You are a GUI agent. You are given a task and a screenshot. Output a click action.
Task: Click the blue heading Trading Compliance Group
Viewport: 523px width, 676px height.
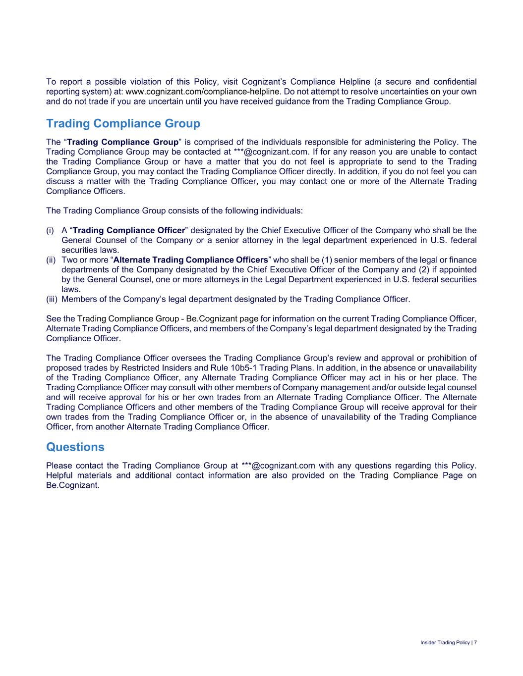[123, 123]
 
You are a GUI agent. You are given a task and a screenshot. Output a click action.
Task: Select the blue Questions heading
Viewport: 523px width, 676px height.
[75, 447]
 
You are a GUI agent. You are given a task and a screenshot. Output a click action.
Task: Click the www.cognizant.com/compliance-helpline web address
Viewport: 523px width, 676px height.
[202, 92]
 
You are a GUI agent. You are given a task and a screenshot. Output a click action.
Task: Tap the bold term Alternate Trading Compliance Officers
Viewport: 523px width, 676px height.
[190, 260]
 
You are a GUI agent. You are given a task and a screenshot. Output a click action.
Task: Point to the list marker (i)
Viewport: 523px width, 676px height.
[50, 230]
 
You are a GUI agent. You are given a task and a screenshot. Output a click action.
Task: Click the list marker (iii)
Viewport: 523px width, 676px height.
[52, 299]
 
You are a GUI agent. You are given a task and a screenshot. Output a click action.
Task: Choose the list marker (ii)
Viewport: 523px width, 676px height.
[51, 260]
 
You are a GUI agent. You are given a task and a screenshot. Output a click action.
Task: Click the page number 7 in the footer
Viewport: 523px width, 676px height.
[475, 642]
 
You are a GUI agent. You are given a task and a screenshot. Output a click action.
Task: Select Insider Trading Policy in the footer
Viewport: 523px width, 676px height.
[445, 642]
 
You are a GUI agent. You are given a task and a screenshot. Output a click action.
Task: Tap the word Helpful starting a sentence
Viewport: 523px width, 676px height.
[60, 475]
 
